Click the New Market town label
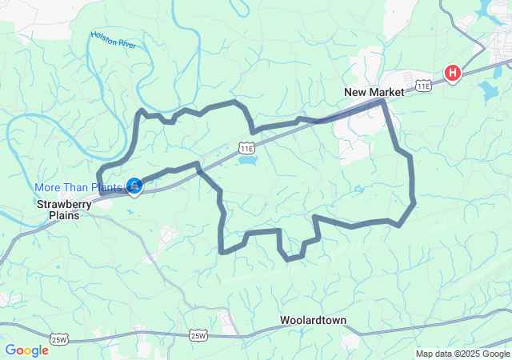tap(374, 92)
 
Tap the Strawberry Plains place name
tap(64, 210)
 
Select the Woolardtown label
tap(313, 321)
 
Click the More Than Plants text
tap(78, 187)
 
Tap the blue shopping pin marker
tap(134, 186)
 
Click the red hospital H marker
tap(453, 74)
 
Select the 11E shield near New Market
tap(422, 84)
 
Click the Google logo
tap(26, 350)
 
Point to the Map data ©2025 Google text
tap(462, 354)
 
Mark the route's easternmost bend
tap(414, 203)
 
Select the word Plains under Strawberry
tap(64, 215)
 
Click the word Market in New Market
tap(387, 92)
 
